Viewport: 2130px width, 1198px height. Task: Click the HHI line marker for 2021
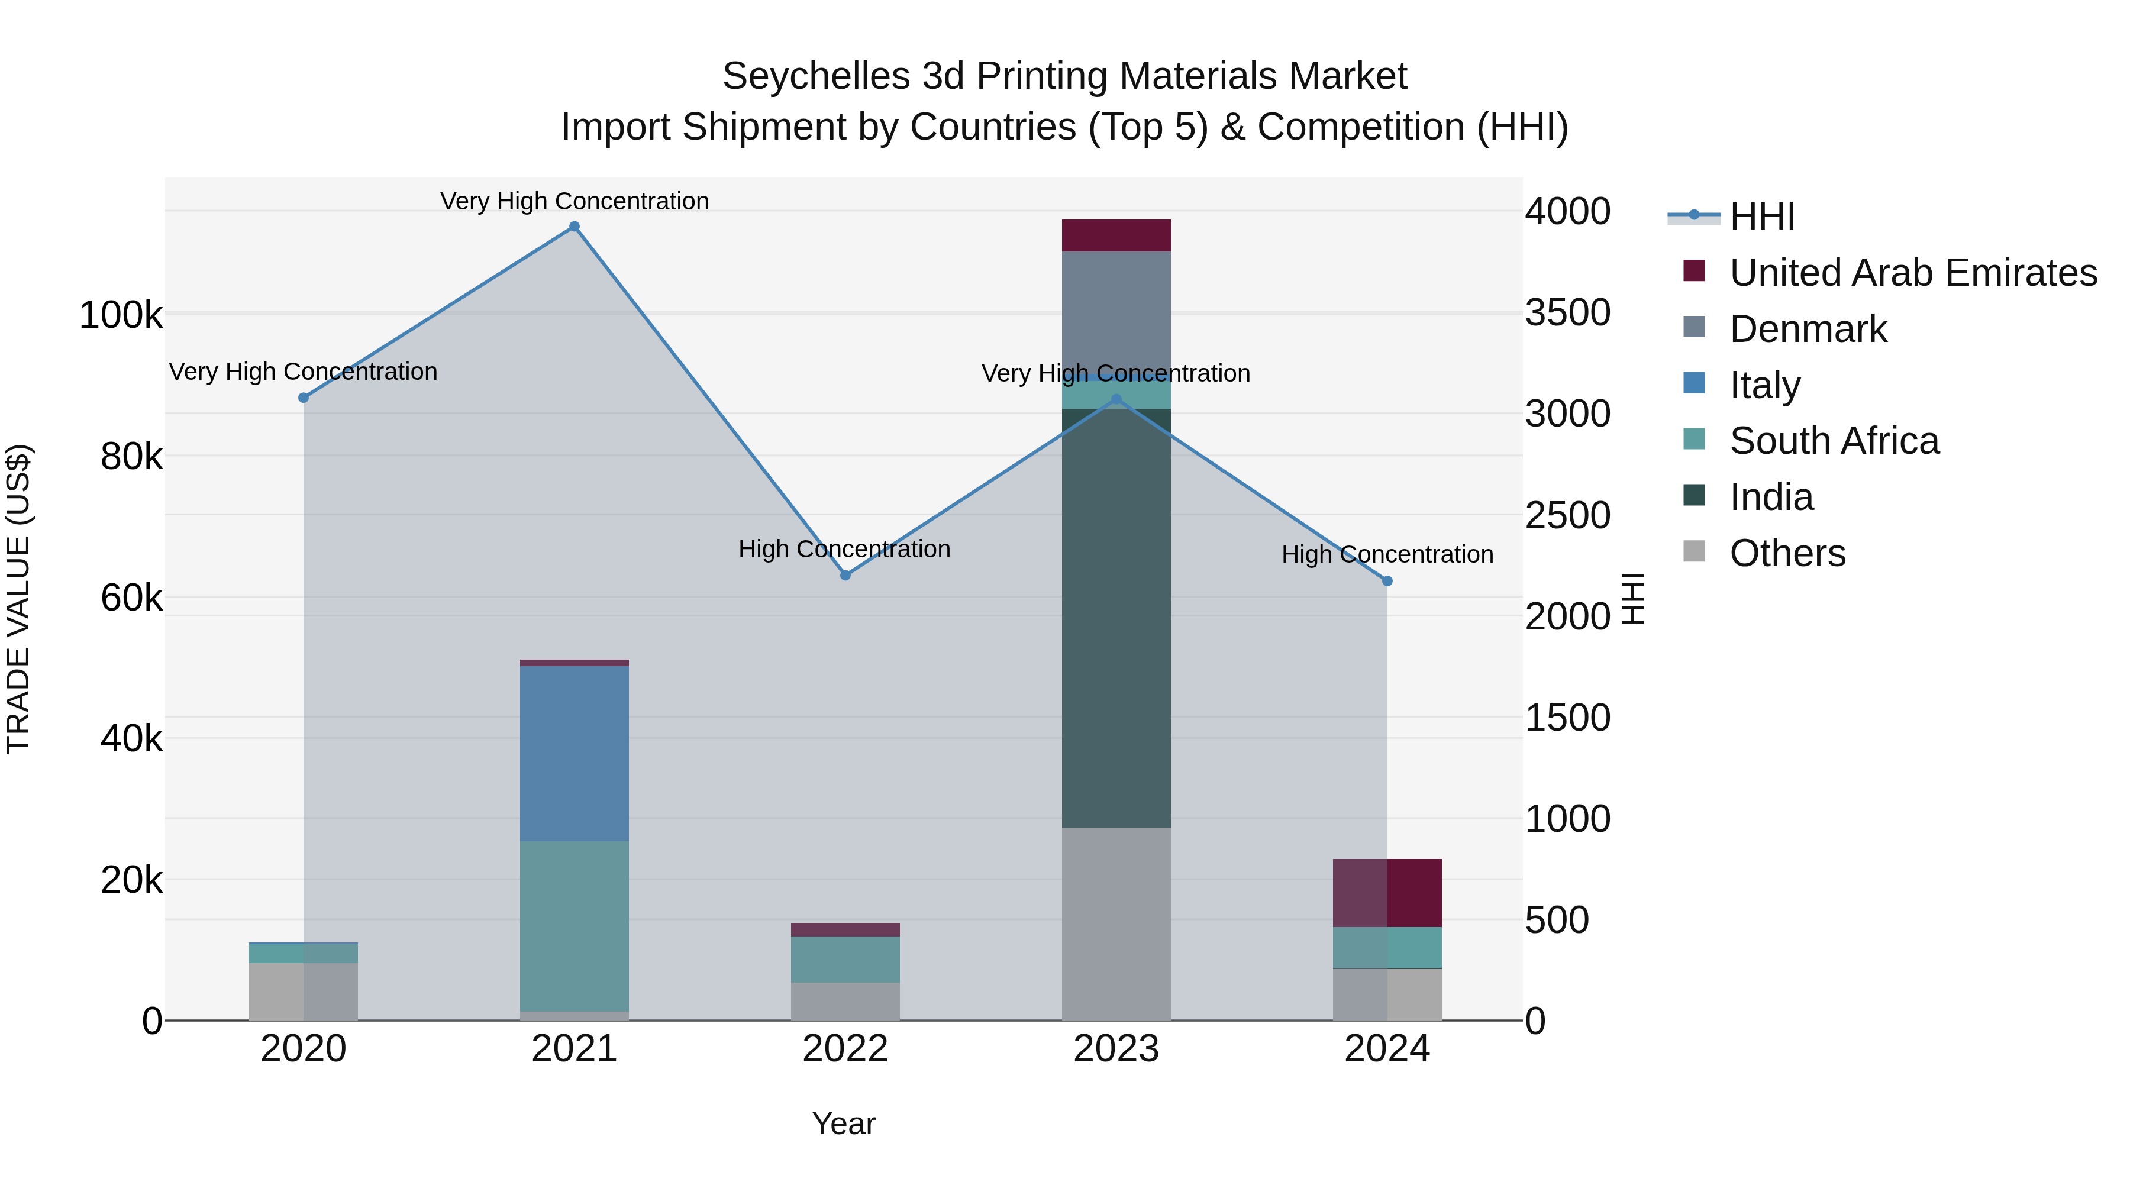tap(574, 227)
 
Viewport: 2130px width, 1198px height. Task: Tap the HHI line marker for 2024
tap(1387, 581)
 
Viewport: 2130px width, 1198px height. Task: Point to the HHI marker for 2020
tap(304, 398)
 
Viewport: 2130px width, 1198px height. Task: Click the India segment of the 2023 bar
tap(1116, 620)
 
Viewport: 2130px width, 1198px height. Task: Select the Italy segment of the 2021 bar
tap(574, 753)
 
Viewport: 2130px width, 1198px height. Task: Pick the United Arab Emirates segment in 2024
tap(1387, 893)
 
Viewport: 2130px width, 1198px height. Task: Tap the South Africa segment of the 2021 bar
tap(574, 926)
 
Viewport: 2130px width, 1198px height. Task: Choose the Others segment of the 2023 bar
tap(1116, 924)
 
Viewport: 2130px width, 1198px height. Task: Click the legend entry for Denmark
tap(1808, 329)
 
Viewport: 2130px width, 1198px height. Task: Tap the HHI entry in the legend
tap(1761, 217)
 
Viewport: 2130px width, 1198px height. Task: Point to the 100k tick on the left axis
tap(121, 315)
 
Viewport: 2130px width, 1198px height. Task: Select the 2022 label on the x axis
tap(845, 1049)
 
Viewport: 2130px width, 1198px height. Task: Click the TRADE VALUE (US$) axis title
tap(18, 599)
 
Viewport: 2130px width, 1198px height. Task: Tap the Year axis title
tap(843, 1123)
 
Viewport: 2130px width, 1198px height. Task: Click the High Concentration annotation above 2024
tap(1387, 554)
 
